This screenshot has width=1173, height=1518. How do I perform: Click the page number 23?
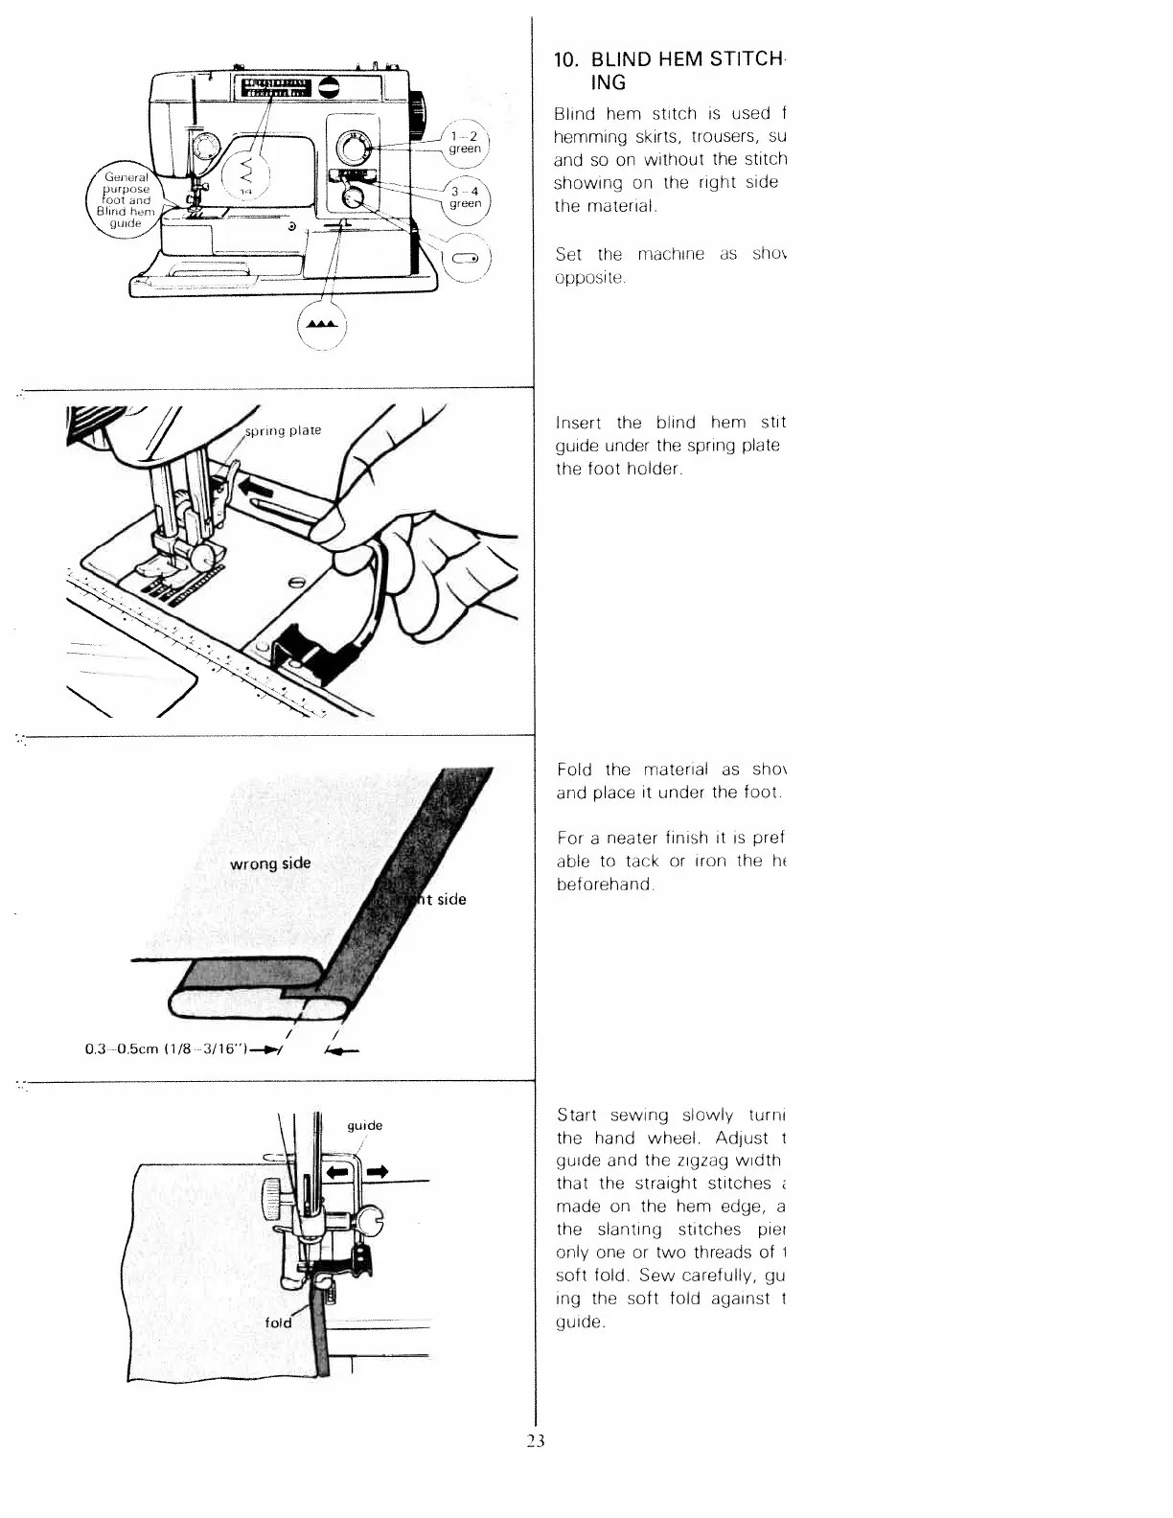pyautogui.click(x=535, y=1440)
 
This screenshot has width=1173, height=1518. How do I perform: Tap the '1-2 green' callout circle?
pyautogui.click(x=466, y=143)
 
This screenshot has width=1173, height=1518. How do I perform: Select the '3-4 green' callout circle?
pyautogui.click(x=466, y=197)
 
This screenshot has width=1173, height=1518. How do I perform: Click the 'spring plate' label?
pyautogui.click(x=284, y=430)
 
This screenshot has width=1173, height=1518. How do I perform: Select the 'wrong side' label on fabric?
pyautogui.click(x=270, y=863)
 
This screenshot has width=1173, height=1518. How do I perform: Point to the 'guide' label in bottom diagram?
pyautogui.click(x=364, y=1125)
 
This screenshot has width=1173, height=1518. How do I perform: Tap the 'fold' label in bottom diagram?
pyautogui.click(x=278, y=1322)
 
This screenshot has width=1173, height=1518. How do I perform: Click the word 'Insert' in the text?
pyautogui.click(x=579, y=423)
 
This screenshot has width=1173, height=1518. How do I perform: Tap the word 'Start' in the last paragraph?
pyautogui.click(x=577, y=1115)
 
